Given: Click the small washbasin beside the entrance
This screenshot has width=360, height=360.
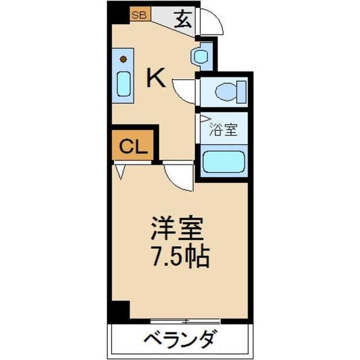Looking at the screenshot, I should tap(199, 56).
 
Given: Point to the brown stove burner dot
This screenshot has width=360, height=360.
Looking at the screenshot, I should tap(124, 59).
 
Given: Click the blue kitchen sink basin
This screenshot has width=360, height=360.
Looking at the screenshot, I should tap(124, 83).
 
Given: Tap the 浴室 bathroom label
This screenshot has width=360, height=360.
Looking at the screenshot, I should tap(223, 128).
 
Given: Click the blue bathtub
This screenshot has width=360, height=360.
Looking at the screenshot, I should tap(223, 162).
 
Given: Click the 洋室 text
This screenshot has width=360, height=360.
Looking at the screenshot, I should tap(177, 228).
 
